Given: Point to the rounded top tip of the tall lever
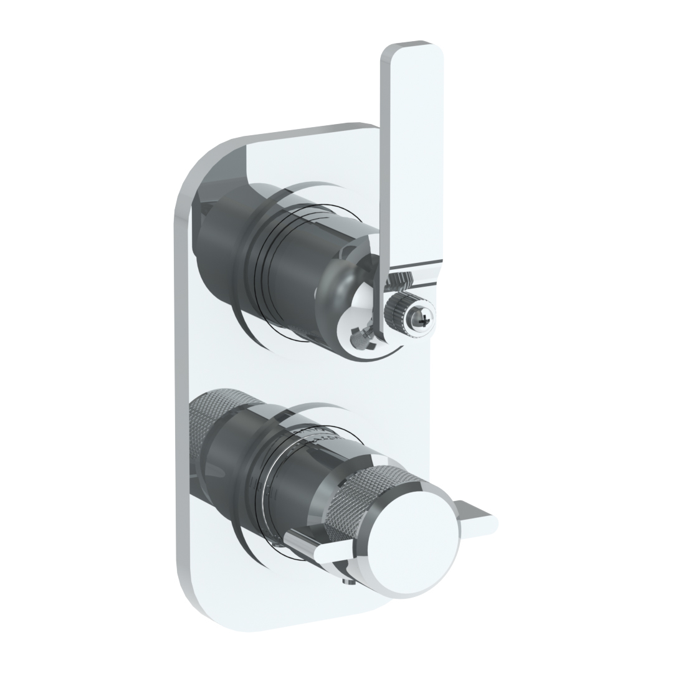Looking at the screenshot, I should pyautogui.click(x=412, y=49).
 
